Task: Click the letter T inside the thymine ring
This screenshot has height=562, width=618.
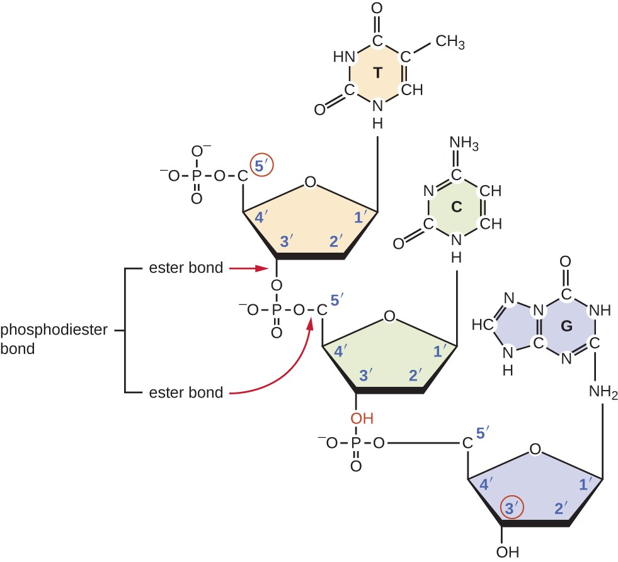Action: (377, 73)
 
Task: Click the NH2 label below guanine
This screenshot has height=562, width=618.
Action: (604, 394)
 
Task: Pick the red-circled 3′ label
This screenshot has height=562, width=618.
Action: (512, 508)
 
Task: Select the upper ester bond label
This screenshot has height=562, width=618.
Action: (186, 268)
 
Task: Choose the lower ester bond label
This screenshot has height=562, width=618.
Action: (186, 393)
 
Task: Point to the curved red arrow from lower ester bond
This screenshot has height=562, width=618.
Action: (290, 369)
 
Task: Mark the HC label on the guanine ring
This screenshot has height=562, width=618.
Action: (481, 325)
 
